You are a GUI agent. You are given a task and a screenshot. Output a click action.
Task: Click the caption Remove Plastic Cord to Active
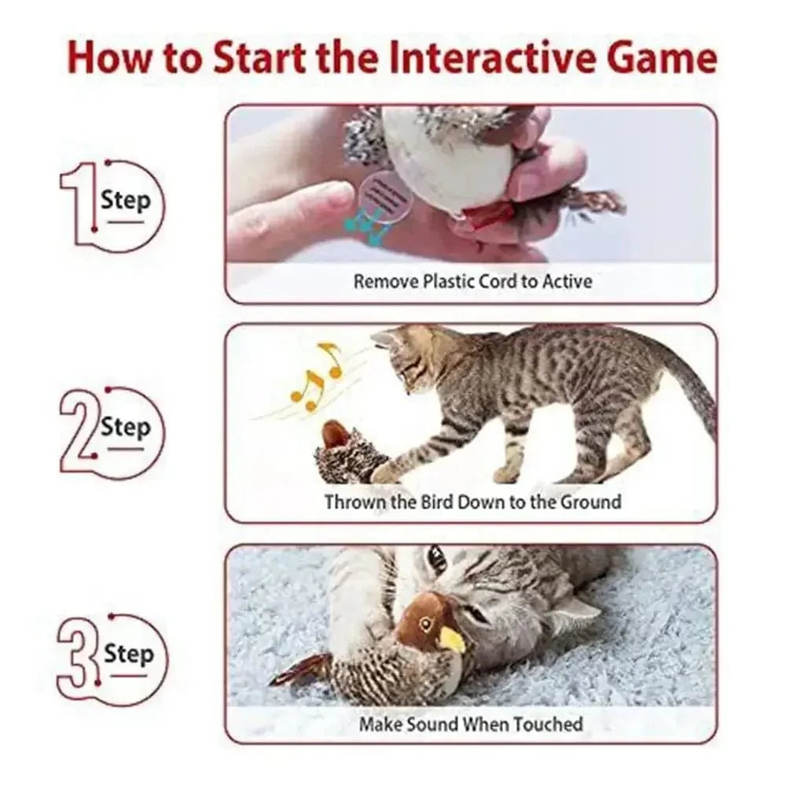click(472, 281)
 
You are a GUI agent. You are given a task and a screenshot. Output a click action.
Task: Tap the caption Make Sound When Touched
click(471, 723)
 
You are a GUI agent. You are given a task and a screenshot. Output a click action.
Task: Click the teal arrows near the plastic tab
click(369, 226)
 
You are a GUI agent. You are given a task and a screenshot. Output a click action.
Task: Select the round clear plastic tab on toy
click(386, 196)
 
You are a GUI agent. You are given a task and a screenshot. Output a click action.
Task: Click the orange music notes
click(319, 376)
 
